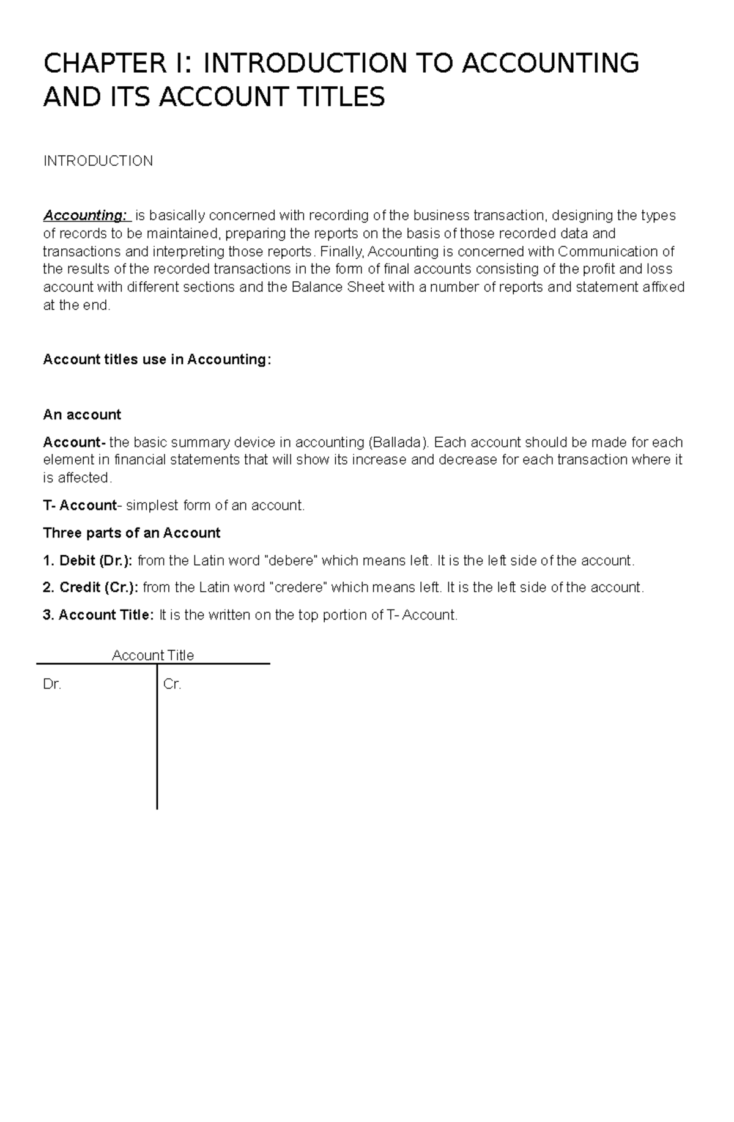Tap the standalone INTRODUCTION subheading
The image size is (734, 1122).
pos(98,161)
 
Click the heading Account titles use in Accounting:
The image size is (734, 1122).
pos(157,360)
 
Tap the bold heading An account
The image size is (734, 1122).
pos(82,415)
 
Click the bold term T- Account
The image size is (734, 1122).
pos(80,505)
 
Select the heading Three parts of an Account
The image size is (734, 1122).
pos(132,533)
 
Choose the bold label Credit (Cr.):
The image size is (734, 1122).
pos(99,588)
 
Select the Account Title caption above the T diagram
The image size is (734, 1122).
pos(153,655)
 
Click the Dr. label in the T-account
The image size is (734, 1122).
pos(52,685)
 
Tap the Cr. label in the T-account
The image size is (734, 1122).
pos(172,685)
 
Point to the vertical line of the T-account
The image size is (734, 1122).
pos(157,746)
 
